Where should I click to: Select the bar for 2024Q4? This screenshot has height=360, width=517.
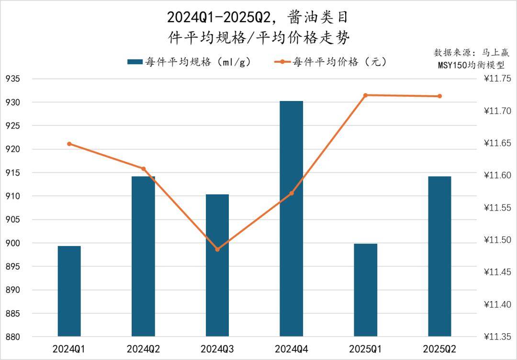(x=292, y=218)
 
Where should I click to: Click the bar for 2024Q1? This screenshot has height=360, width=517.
(x=69, y=291)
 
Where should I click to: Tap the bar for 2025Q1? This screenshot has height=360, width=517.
(x=366, y=290)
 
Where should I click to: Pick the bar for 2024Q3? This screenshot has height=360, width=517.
(x=217, y=265)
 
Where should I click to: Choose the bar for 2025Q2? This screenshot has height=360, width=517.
(x=439, y=256)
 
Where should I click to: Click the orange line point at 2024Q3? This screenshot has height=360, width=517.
(x=217, y=249)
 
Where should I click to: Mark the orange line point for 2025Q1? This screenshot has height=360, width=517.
(x=365, y=95)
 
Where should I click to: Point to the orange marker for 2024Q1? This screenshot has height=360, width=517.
(x=69, y=144)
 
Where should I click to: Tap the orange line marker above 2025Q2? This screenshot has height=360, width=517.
(x=439, y=96)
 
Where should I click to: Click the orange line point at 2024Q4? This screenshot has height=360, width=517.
(x=292, y=193)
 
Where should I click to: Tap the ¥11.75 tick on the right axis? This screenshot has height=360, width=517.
(x=498, y=79)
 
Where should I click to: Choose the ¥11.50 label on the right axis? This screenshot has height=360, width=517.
(x=498, y=240)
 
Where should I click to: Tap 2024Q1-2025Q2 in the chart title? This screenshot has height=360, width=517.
(x=220, y=18)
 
